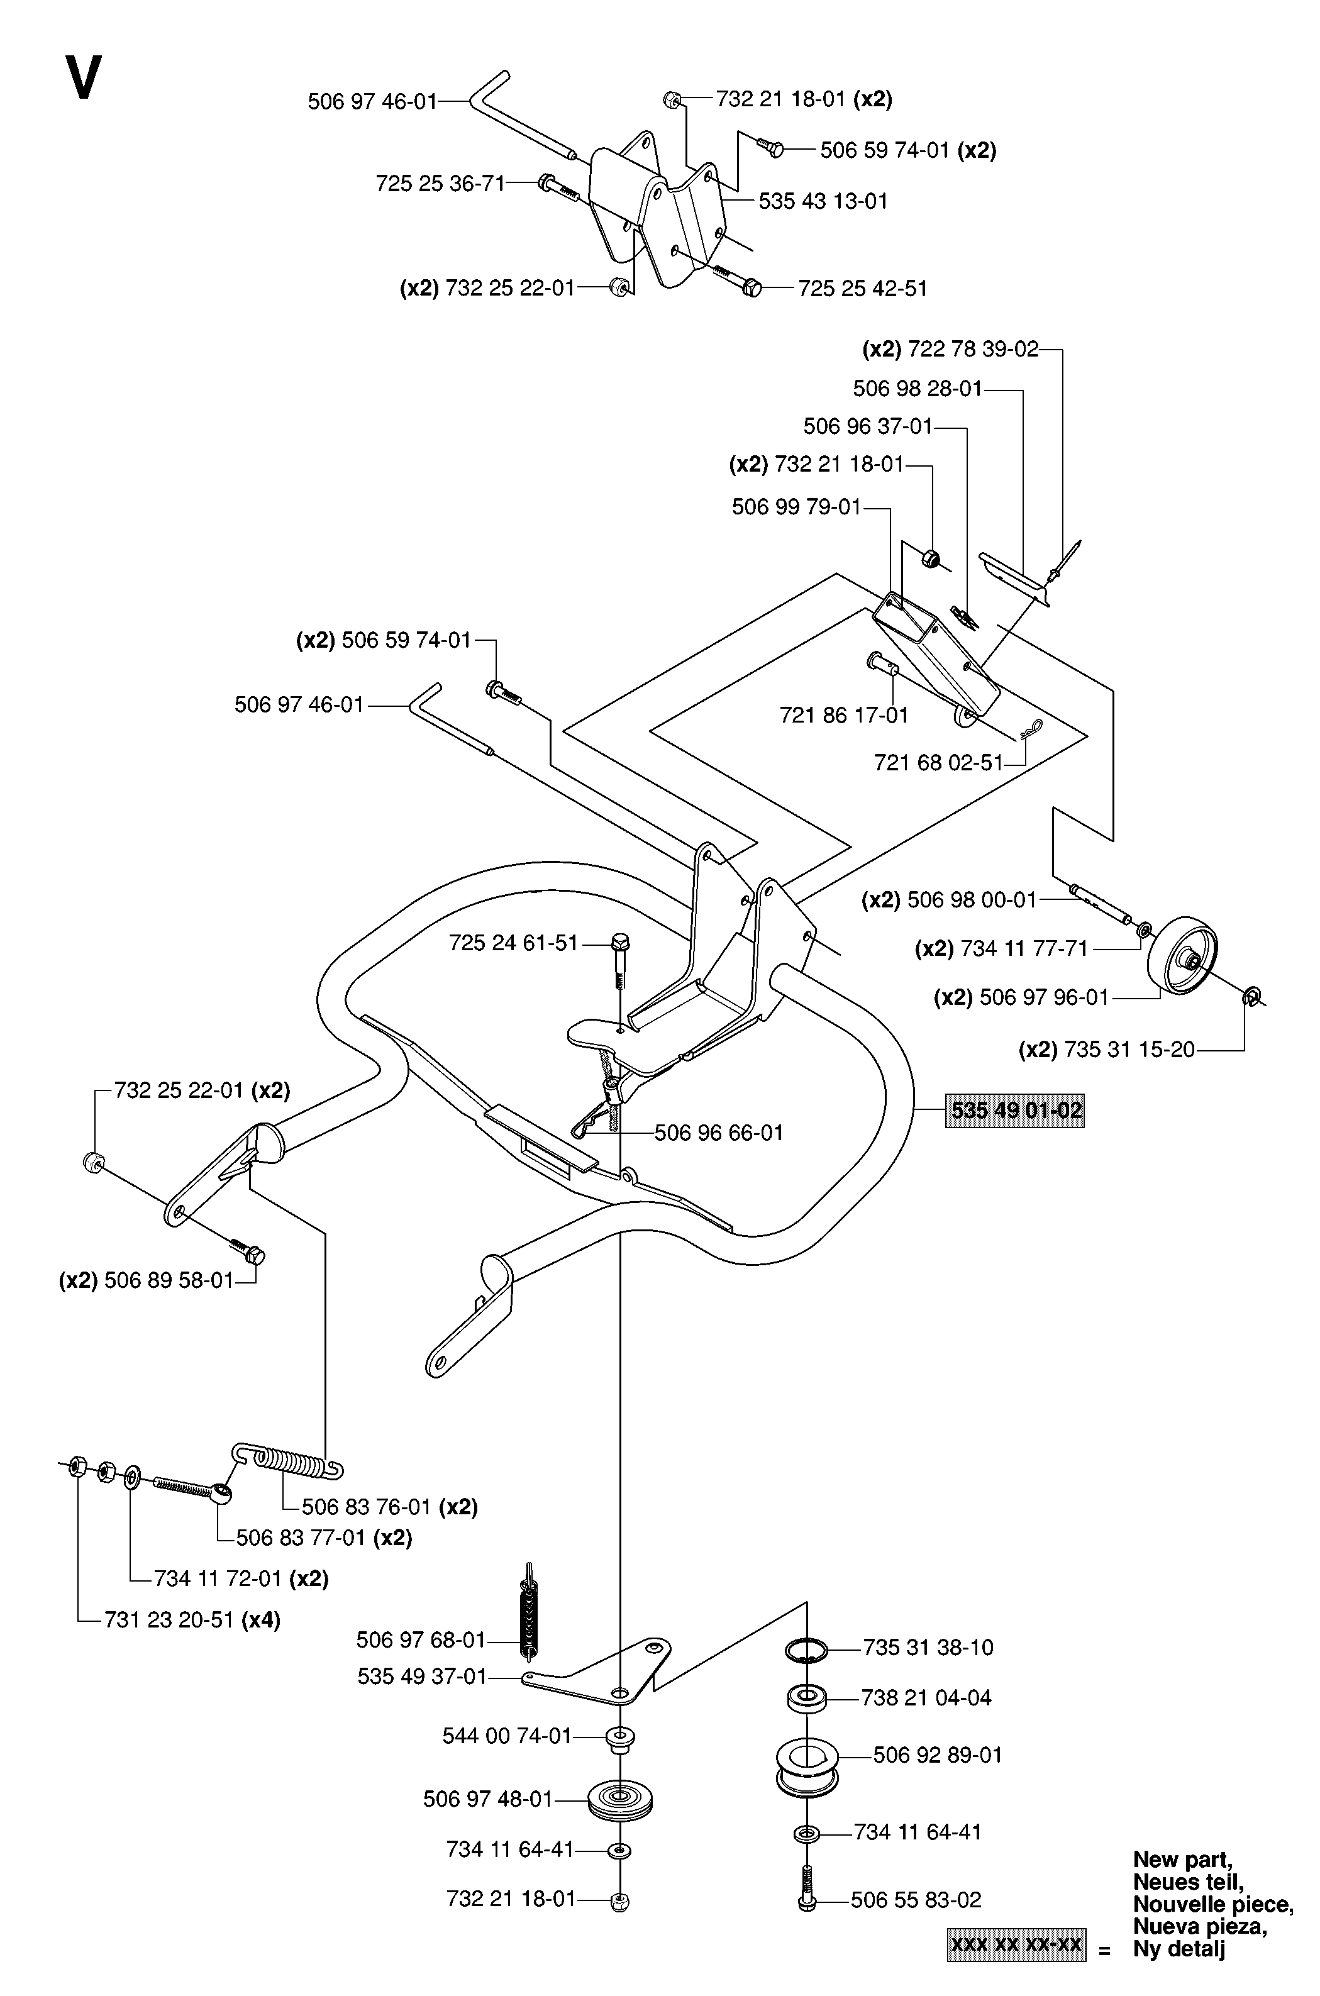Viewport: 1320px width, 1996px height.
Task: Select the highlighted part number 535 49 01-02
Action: coord(1014,1111)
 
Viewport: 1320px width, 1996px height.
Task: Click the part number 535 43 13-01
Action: coord(823,201)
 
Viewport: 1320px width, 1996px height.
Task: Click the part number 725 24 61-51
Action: coord(514,943)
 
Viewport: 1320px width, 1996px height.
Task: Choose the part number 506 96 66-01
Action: coord(719,1133)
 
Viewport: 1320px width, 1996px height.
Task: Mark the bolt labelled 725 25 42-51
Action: coord(735,279)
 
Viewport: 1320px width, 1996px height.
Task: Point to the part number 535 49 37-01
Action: coord(423,1677)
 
